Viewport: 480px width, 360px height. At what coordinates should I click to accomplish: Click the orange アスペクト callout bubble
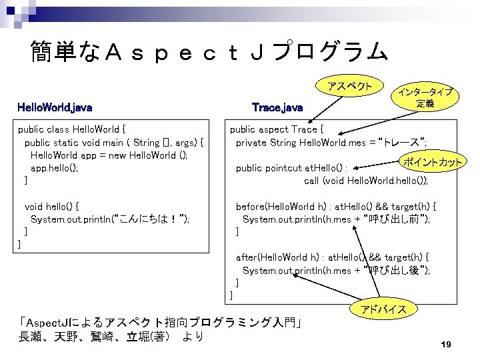(x=350, y=87)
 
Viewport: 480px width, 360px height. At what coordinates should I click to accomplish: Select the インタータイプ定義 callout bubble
(x=425, y=98)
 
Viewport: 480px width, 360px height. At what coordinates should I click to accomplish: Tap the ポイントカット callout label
(x=433, y=161)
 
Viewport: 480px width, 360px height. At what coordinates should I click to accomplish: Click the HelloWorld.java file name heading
(x=55, y=107)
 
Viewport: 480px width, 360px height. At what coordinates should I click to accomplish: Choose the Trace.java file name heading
(x=277, y=107)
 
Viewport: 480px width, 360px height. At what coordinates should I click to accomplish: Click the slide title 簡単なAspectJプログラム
(x=208, y=51)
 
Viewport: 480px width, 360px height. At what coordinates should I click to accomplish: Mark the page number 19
(x=446, y=344)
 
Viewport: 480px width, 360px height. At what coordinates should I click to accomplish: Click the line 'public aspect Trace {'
(x=277, y=129)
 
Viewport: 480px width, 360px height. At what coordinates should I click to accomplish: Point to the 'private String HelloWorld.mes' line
(x=331, y=142)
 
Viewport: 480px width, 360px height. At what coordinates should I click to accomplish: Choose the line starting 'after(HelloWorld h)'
(x=332, y=257)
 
